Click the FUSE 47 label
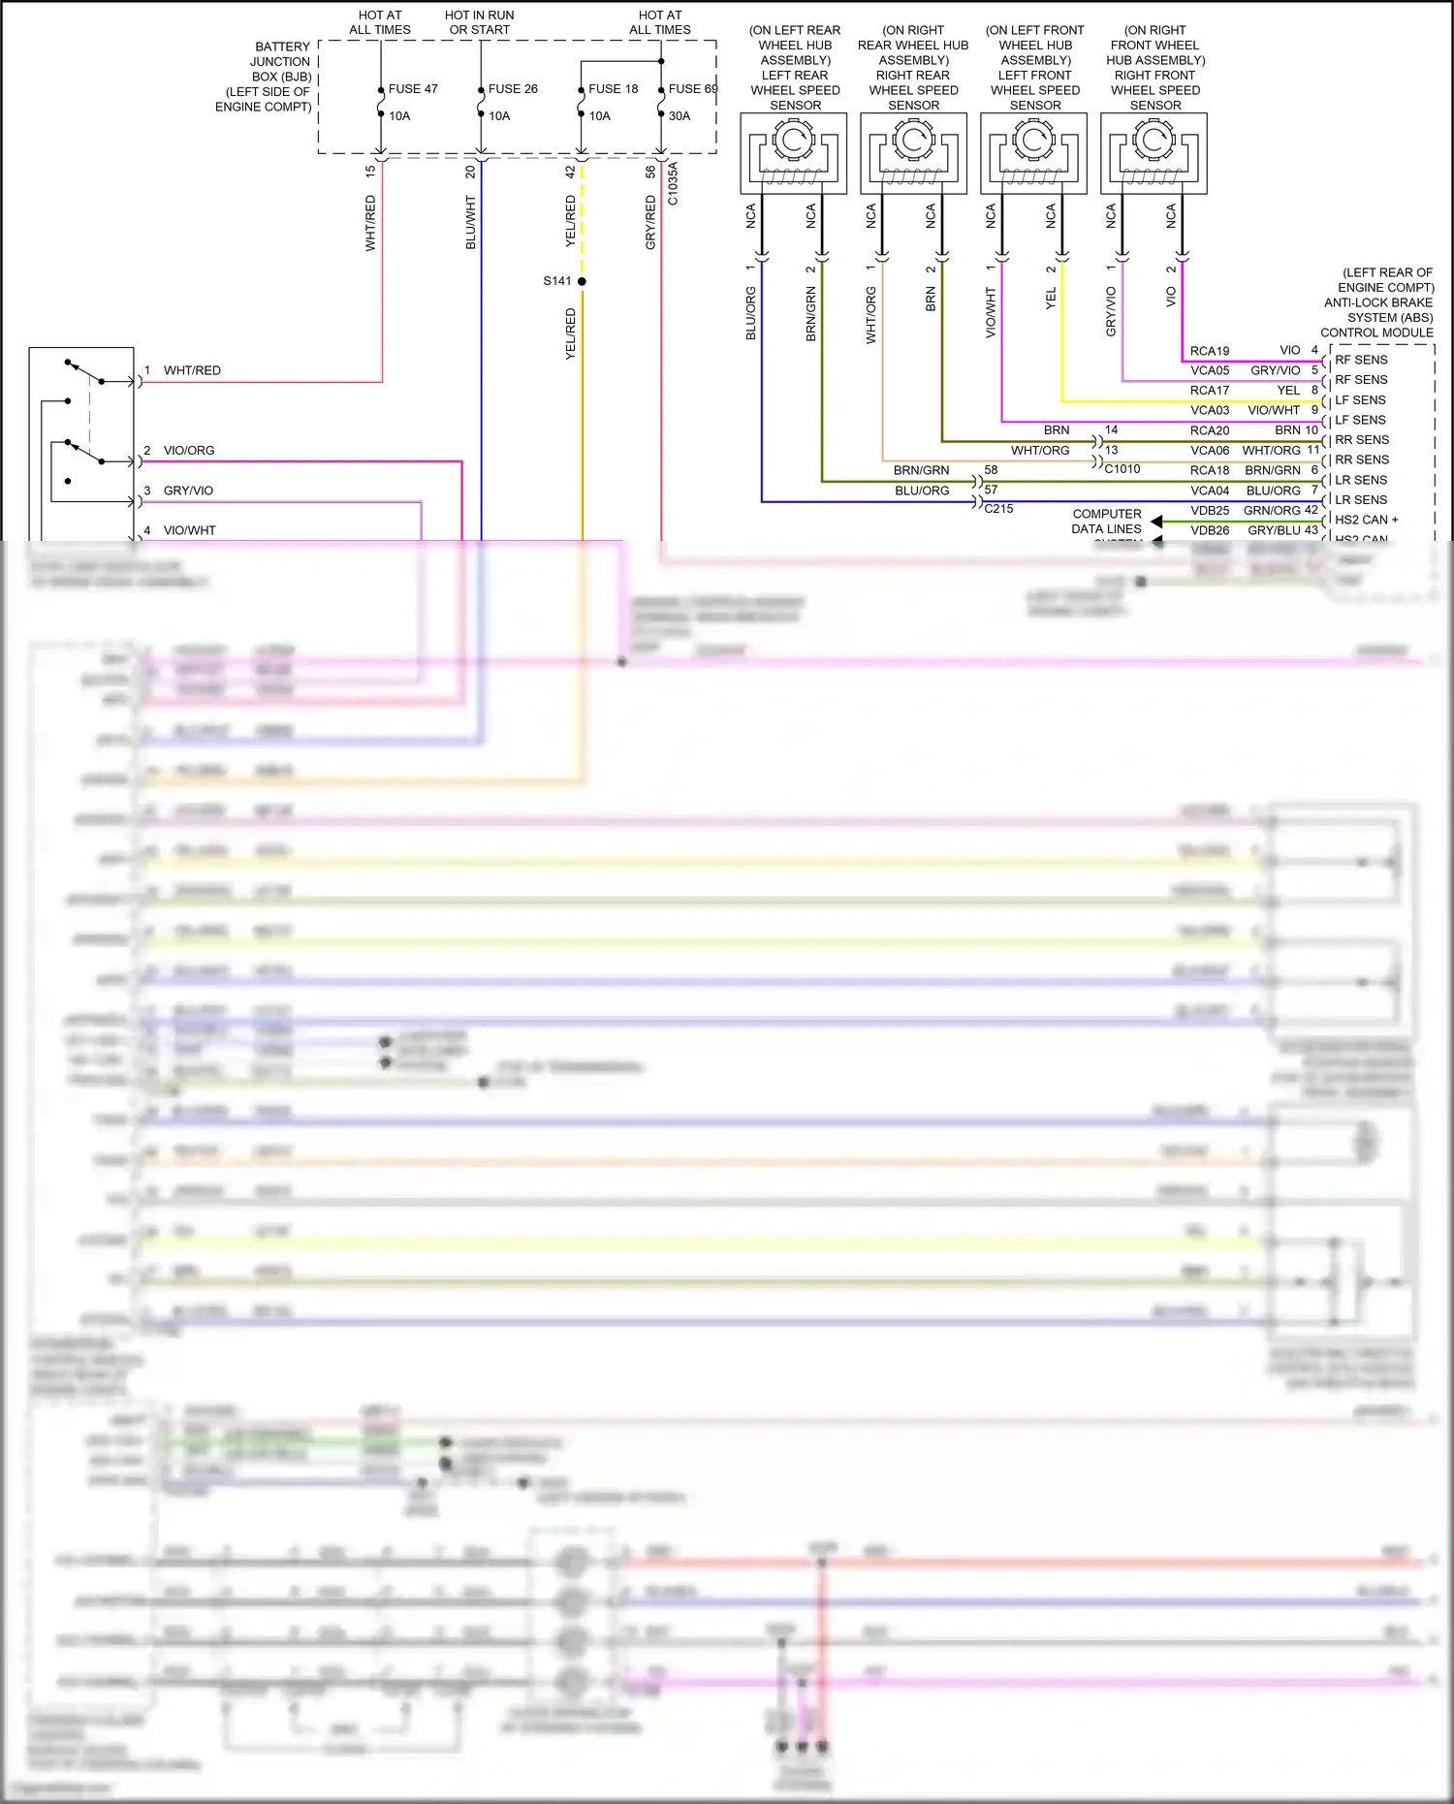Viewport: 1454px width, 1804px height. [x=413, y=89]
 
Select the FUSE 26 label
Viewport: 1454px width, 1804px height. [x=513, y=89]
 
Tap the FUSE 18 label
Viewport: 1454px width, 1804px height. [x=613, y=89]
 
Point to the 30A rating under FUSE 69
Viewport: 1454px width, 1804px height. [x=680, y=116]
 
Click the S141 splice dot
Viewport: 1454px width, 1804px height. [x=582, y=281]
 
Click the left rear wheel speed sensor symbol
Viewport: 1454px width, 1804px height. [x=793, y=153]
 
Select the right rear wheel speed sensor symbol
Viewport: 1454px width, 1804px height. [x=913, y=153]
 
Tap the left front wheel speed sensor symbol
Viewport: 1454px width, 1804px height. [x=1033, y=153]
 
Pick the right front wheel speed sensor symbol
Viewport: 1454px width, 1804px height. [x=1154, y=153]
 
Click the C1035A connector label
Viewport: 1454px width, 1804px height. [x=673, y=183]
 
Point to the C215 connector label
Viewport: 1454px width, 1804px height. [x=998, y=508]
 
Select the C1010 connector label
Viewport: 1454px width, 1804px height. [x=1122, y=469]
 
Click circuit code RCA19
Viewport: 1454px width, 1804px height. [x=1210, y=351]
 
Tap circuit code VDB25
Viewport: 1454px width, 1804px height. [x=1210, y=511]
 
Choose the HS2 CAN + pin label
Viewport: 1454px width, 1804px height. [x=1367, y=520]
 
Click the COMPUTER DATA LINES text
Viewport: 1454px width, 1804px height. [x=1107, y=522]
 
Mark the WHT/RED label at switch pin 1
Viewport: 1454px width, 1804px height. [x=192, y=370]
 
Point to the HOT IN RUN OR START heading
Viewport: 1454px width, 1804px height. [x=480, y=22]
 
